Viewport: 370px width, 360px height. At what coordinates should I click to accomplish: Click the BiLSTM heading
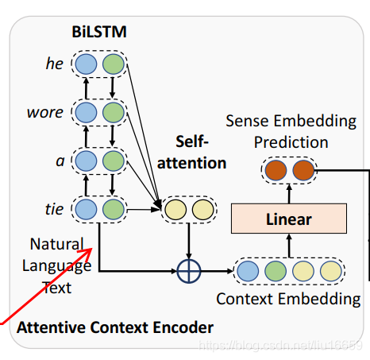[99, 32]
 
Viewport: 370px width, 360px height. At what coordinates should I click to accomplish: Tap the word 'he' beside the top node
[55, 64]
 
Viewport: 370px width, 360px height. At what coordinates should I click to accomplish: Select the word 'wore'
[45, 112]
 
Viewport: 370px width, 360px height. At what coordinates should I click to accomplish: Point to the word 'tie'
[54, 209]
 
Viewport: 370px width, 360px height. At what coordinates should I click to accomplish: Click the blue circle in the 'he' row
[86, 64]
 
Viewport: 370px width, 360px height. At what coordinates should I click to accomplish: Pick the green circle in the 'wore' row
[114, 112]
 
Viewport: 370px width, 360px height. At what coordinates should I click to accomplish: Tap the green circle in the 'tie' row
[114, 209]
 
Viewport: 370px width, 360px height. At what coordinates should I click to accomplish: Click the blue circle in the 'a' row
[86, 161]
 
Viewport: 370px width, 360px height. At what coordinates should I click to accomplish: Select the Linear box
[289, 219]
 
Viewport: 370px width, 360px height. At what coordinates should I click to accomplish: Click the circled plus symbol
[189, 271]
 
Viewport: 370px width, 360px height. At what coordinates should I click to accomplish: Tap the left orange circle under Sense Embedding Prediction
[276, 170]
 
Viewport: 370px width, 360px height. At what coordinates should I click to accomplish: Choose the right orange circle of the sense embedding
[303, 170]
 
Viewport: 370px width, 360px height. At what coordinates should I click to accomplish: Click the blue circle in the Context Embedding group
[248, 271]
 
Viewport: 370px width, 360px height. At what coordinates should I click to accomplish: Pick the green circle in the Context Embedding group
[276, 271]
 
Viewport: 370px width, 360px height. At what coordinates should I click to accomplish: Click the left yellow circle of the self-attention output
[175, 210]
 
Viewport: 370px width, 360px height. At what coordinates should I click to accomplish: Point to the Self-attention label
[191, 152]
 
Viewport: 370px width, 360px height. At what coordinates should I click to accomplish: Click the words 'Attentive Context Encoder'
[115, 327]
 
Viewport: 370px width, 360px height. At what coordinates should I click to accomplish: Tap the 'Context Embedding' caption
[288, 299]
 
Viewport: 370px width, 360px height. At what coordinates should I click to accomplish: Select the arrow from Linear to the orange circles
[289, 194]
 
